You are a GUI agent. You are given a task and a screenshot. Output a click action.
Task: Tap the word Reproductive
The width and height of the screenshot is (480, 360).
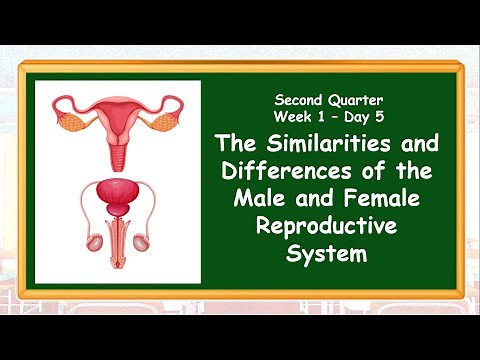click(x=327, y=227)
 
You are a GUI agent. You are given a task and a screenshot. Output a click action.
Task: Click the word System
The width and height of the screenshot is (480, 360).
click(x=327, y=254)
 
